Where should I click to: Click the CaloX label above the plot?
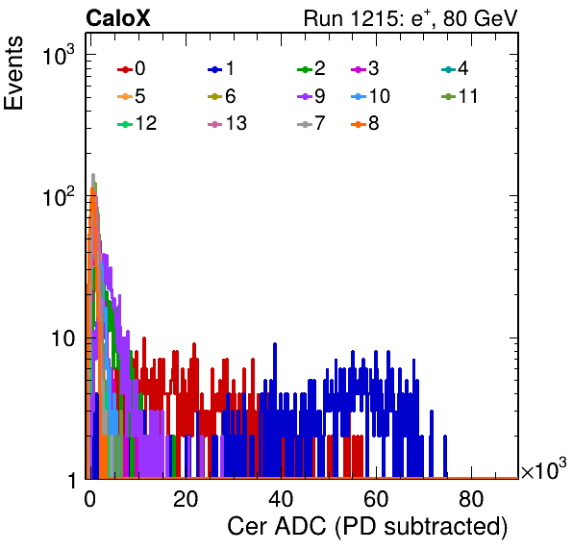tap(118, 18)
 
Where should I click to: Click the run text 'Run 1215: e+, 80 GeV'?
tap(411, 18)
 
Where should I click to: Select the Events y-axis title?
tap(13, 73)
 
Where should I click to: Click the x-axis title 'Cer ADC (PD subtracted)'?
tap(367, 527)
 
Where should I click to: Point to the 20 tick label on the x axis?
tap(186, 499)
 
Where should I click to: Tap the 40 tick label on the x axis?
tap(281, 499)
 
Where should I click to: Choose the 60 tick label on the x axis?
tap(376, 499)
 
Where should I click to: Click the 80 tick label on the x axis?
tap(471, 499)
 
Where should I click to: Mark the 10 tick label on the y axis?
tap(63, 338)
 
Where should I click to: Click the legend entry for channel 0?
tap(132, 68)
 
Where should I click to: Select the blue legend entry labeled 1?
tap(221, 68)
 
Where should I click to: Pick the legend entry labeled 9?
tap(311, 96)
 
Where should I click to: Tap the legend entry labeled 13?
tap(227, 123)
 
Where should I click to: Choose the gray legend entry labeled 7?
tap(311, 123)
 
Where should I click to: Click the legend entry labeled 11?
tap(460, 96)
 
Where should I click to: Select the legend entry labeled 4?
tap(455, 68)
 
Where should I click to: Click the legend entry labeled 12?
tap(137, 123)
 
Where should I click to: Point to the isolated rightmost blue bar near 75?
tap(445, 457)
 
